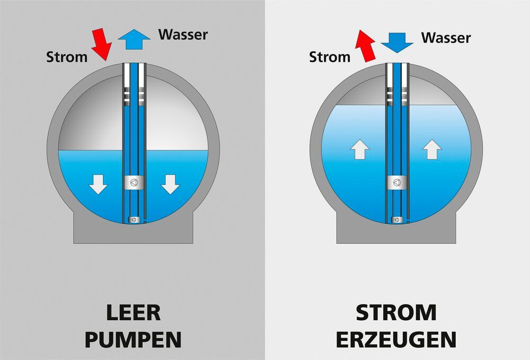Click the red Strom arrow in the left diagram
[101, 44]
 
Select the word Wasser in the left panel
[183, 35]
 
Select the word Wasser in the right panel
[446, 38]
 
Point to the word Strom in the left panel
[67, 57]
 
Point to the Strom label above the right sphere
[330, 57]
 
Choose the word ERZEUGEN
[396, 339]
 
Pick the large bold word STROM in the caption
[396, 313]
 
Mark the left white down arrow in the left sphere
[98, 183]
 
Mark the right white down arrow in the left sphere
[170, 183]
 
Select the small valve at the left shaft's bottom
[134, 219]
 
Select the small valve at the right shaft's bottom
[397, 219]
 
